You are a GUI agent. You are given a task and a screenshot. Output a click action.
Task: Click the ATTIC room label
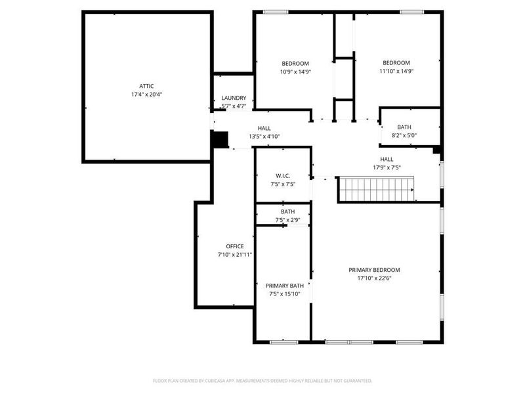coord(146,86)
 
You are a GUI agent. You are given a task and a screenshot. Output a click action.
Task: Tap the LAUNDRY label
coord(234,98)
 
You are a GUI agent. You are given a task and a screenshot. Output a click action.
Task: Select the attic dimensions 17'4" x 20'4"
coord(146,95)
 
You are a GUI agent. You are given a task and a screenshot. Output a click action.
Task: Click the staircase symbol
coord(377,189)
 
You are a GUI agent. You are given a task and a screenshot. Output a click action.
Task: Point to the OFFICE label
coord(235,246)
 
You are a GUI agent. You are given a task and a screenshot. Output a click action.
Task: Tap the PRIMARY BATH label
coord(284,286)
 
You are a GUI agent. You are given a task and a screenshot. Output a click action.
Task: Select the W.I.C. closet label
coord(283,175)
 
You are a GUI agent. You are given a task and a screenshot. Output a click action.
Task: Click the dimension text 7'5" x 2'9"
coord(287,220)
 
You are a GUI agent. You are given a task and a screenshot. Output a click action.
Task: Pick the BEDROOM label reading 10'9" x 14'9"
coord(295,64)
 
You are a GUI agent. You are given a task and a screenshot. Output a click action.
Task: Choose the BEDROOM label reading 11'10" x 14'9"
coord(396,63)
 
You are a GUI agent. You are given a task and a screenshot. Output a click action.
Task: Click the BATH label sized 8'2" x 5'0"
coord(404,127)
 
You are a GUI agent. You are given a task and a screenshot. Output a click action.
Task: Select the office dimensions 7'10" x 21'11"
coord(235,255)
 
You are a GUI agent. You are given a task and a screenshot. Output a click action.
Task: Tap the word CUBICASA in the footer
coord(226,380)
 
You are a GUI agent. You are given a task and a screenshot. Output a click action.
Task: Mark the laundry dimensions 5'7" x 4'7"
coord(234,106)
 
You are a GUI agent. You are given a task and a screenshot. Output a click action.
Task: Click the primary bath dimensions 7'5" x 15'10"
coord(284,294)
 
